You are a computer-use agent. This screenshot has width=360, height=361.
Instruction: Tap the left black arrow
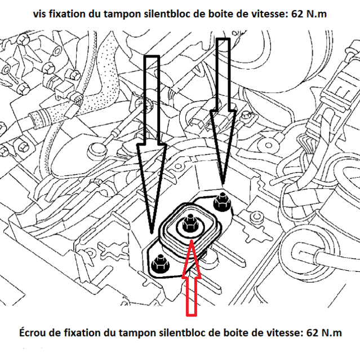click(152, 145)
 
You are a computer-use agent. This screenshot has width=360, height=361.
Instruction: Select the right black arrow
click(223, 111)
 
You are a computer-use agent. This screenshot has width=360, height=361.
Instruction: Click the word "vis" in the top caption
click(39, 14)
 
